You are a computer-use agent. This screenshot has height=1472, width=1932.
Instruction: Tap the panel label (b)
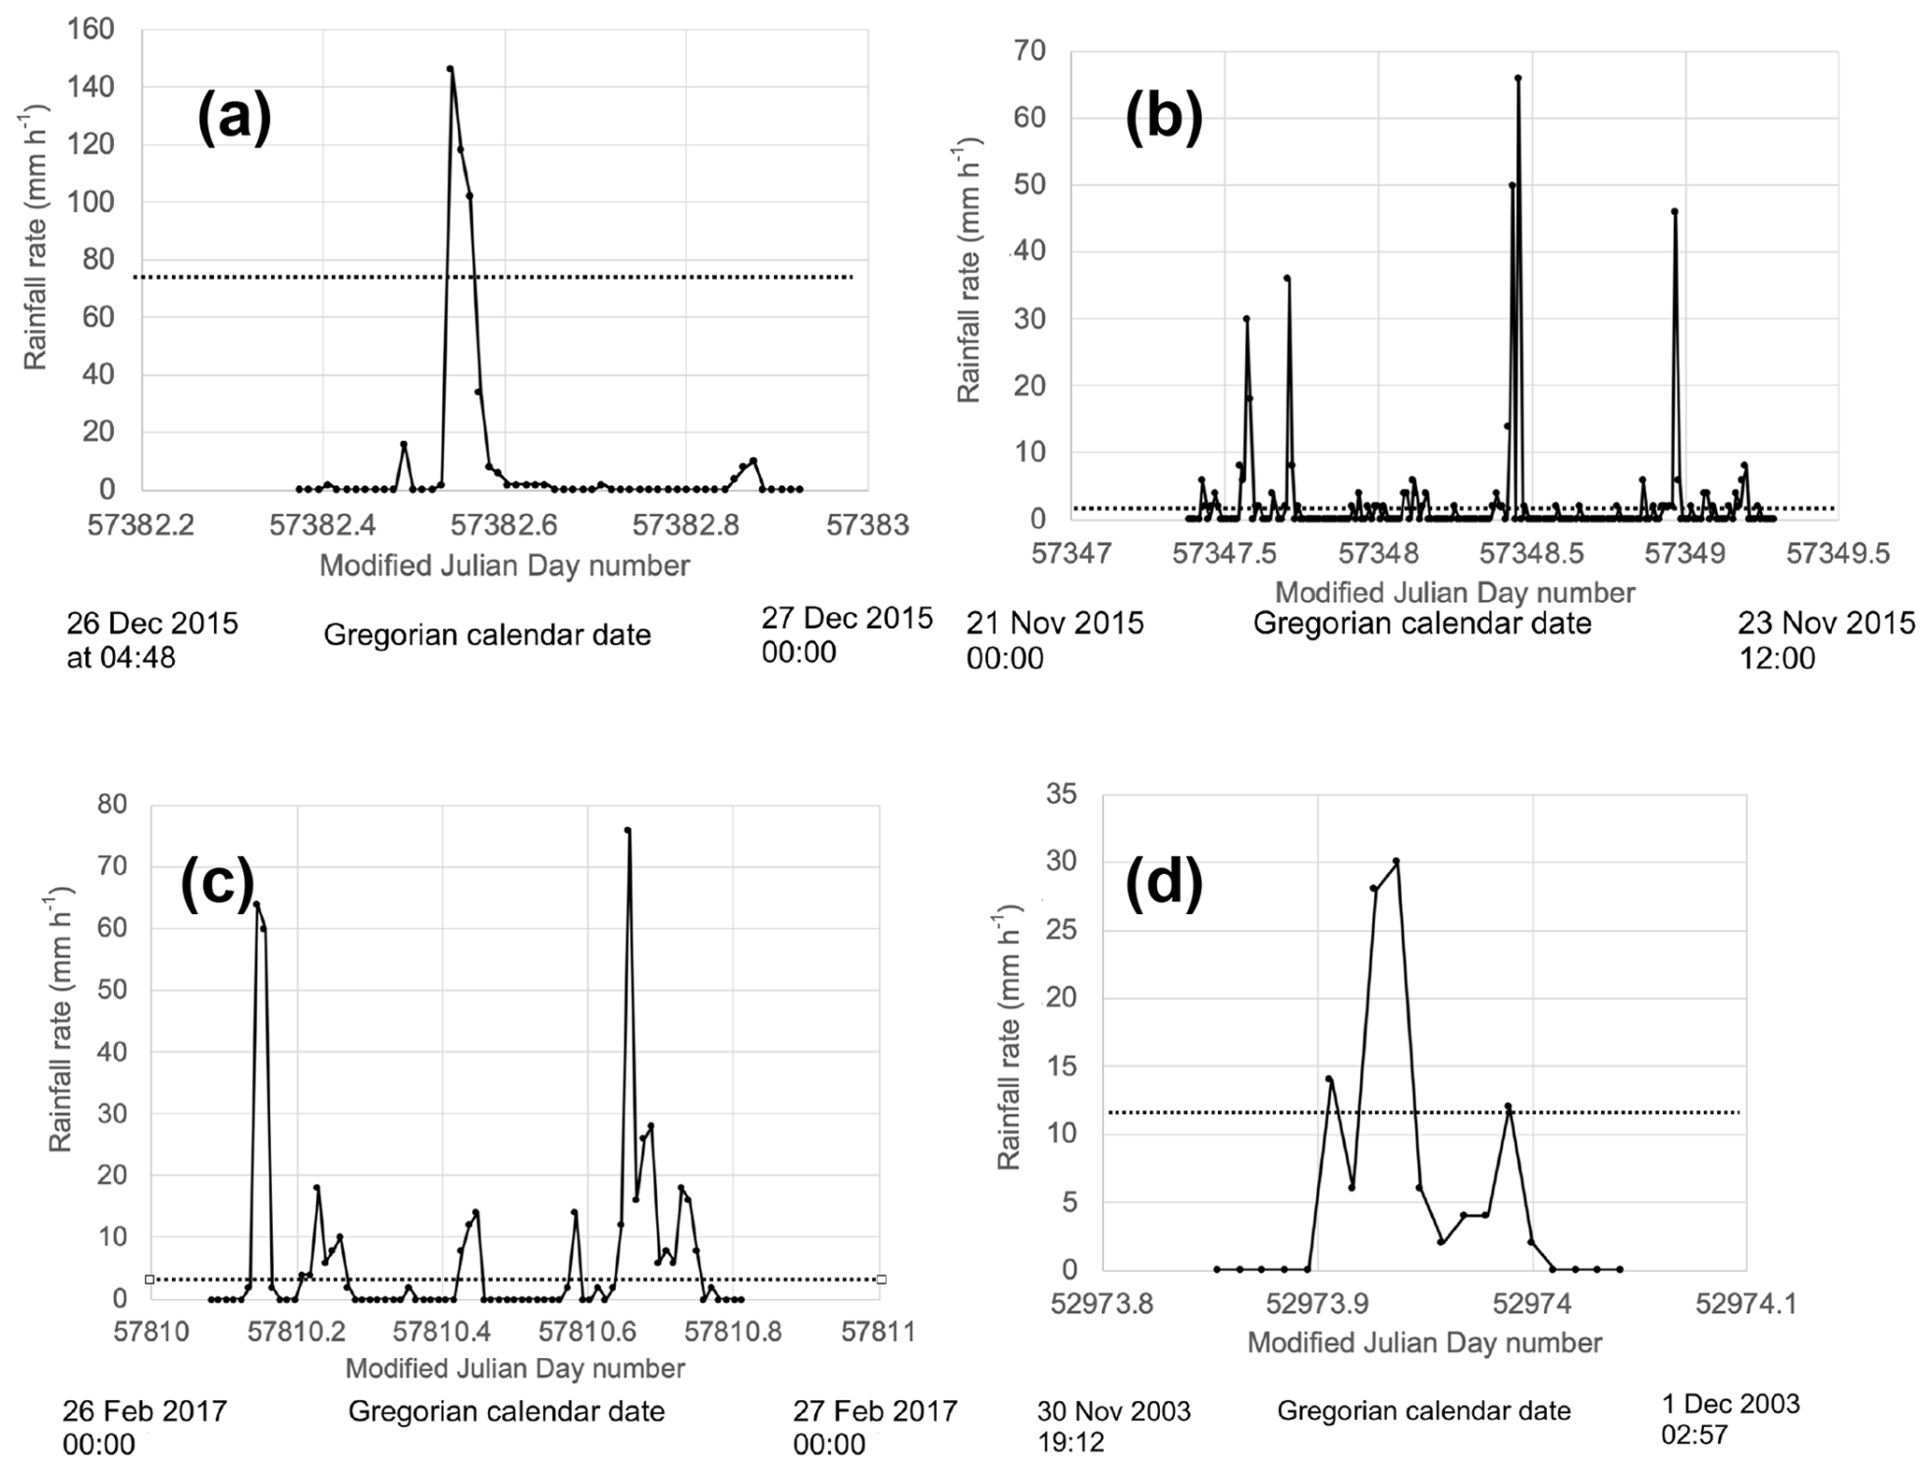click(x=1164, y=120)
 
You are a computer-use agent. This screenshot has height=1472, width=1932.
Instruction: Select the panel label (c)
click(x=217, y=884)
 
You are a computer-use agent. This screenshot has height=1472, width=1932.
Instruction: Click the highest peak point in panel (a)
click(x=450, y=69)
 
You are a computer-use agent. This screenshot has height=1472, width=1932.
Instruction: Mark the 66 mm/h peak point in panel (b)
click(x=1518, y=79)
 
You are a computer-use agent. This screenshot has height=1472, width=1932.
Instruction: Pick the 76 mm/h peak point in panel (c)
click(x=628, y=830)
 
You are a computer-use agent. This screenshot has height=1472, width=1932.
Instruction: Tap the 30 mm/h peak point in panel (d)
click(x=1396, y=861)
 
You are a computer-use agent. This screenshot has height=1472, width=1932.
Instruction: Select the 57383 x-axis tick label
click(x=866, y=525)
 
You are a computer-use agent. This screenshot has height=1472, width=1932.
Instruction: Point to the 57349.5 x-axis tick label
click(x=1838, y=554)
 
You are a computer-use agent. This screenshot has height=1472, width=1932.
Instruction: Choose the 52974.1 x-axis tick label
click(x=1746, y=1302)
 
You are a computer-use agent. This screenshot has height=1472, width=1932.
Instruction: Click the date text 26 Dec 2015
click(x=152, y=622)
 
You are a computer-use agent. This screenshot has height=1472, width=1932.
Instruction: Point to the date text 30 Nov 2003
click(x=1113, y=1410)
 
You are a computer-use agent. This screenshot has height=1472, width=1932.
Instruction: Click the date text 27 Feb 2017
click(x=875, y=1410)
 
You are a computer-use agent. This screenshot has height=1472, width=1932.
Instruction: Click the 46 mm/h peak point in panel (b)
click(x=1675, y=211)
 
